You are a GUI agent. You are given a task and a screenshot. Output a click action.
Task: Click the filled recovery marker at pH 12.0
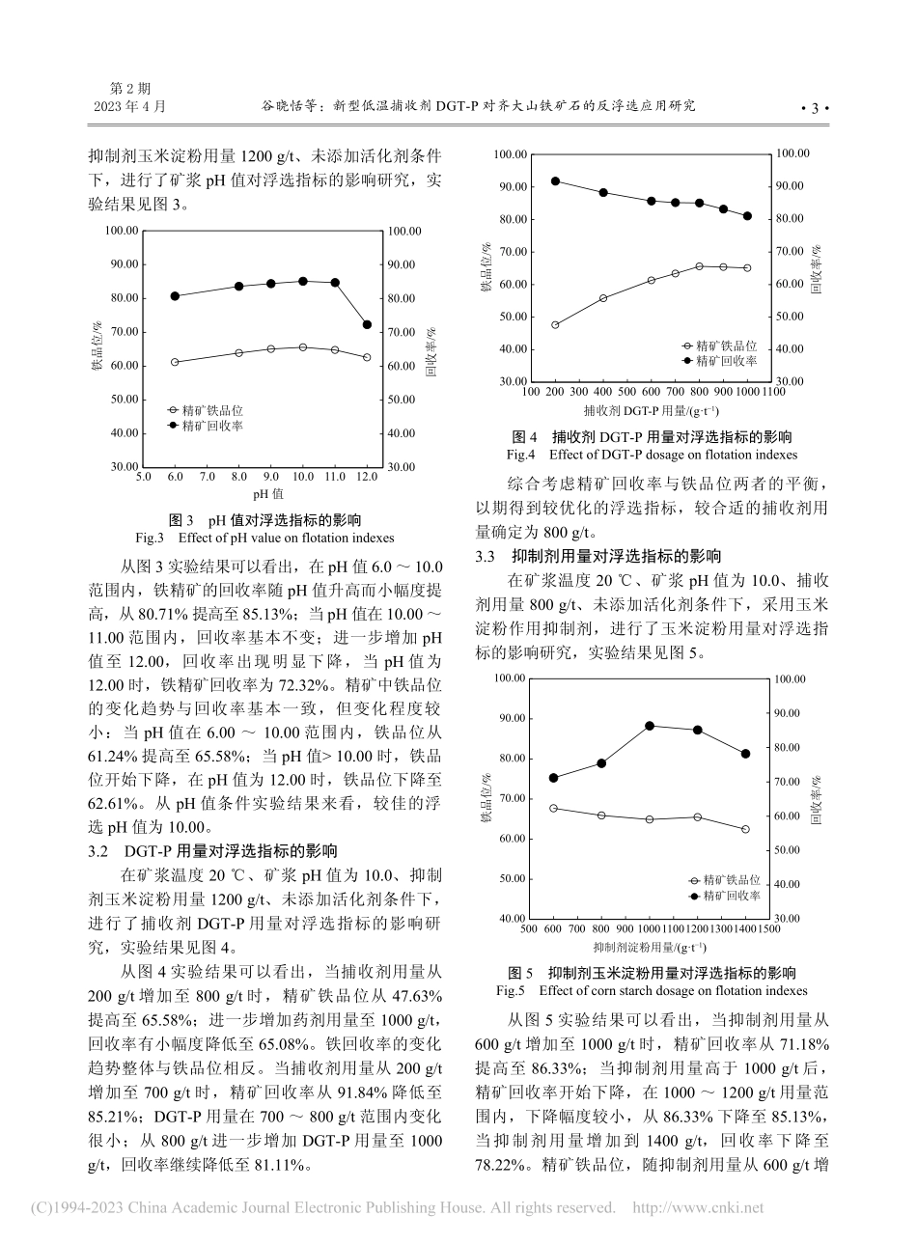pyautogui.click(x=367, y=324)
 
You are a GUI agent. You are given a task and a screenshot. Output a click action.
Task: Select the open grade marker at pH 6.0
pyautogui.click(x=175, y=362)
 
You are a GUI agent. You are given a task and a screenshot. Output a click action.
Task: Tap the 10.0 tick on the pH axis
pyautogui.click(x=302, y=477)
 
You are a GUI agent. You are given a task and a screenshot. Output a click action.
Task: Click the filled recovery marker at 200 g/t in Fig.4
pyautogui.click(x=555, y=181)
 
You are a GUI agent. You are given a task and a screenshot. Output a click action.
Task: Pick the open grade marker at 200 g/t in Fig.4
pyautogui.click(x=555, y=325)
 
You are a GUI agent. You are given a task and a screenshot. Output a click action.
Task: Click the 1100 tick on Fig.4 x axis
pyautogui.click(x=771, y=392)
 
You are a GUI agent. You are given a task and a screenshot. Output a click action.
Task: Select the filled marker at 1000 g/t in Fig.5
pyautogui.click(x=650, y=726)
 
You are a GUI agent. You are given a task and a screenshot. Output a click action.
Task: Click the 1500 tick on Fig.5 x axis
pyautogui.click(x=768, y=928)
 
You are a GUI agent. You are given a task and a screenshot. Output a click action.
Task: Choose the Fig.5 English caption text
pyautogui.click(x=652, y=990)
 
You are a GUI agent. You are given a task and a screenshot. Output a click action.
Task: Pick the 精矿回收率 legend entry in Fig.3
pyautogui.click(x=206, y=425)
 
